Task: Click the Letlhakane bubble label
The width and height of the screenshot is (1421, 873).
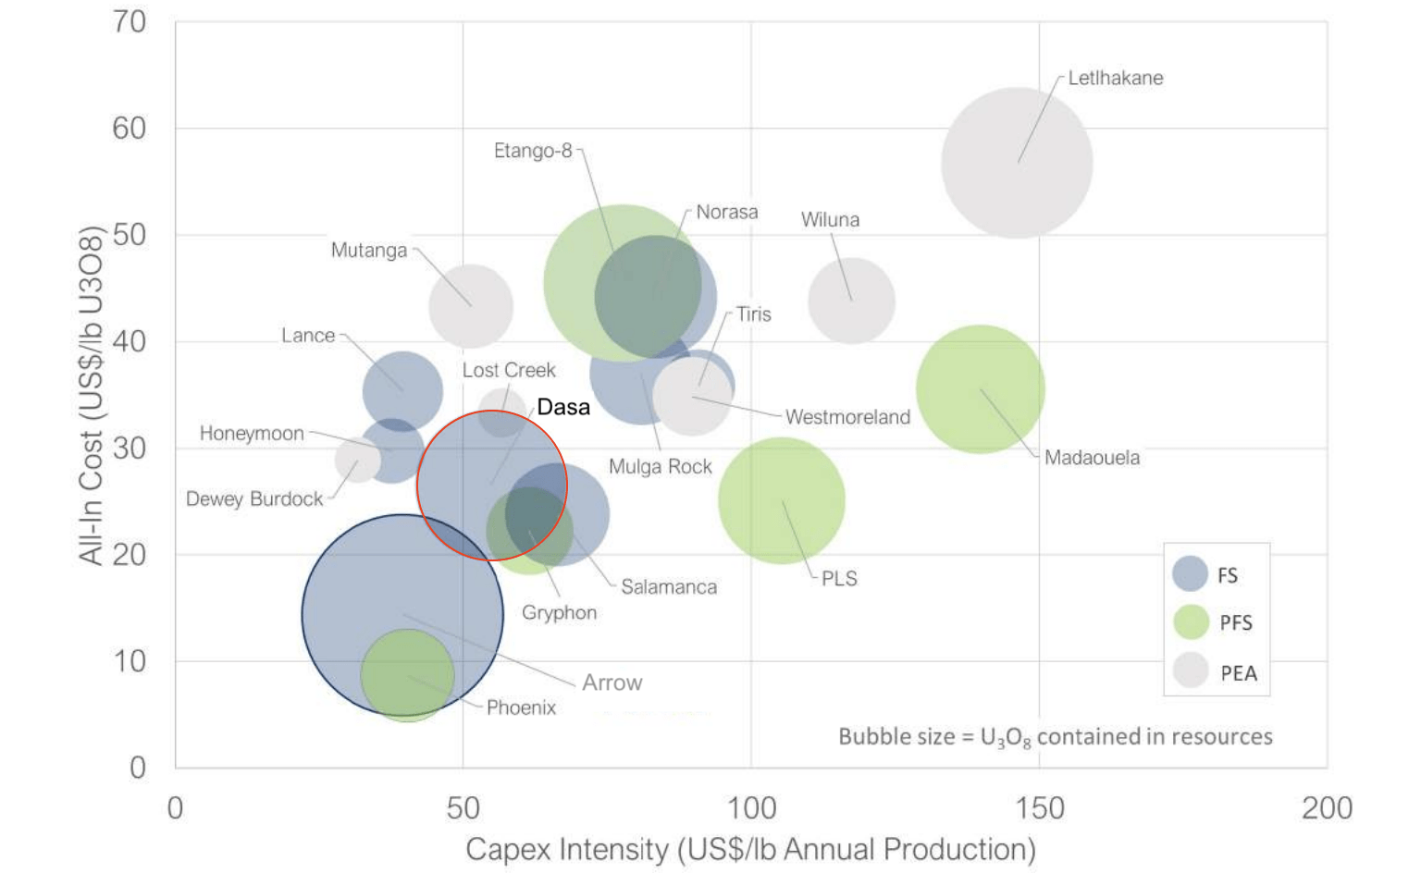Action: click(x=1115, y=79)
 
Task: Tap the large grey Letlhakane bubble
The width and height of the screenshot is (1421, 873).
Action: click(x=1017, y=163)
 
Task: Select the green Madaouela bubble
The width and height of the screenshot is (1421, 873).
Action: click(x=980, y=389)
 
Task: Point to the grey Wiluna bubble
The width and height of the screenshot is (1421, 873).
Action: click(x=851, y=301)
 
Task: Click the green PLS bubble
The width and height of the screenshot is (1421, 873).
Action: click(x=782, y=500)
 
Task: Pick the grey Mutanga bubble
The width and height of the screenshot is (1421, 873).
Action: click(x=471, y=306)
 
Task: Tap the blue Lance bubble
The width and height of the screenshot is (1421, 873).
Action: click(x=402, y=391)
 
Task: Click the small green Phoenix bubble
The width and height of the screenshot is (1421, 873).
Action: click(x=407, y=676)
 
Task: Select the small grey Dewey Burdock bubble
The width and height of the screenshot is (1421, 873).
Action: click(x=356, y=458)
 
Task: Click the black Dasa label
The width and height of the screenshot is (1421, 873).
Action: click(x=562, y=408)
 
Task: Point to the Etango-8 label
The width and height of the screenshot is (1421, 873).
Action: click(x=533, y=151)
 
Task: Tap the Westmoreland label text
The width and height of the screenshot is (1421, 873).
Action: click(x=847, y=417)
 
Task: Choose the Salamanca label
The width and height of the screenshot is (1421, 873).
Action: click(x=668, y=587)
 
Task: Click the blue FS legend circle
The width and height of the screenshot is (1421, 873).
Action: click(x=1190, y=574)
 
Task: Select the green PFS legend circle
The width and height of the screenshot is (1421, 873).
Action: click(x=1190, y=622)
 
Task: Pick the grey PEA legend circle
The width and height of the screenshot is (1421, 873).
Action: click(x=1190, y=671)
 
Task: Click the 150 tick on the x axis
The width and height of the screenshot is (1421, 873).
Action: click(x=1039, y=808)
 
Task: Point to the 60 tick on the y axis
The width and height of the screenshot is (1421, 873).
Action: click(x=130, y=129)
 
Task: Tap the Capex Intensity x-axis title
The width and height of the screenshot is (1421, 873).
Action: click(x=750, y=849)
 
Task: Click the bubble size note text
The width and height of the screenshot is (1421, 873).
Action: click(x=1055, y=737)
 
